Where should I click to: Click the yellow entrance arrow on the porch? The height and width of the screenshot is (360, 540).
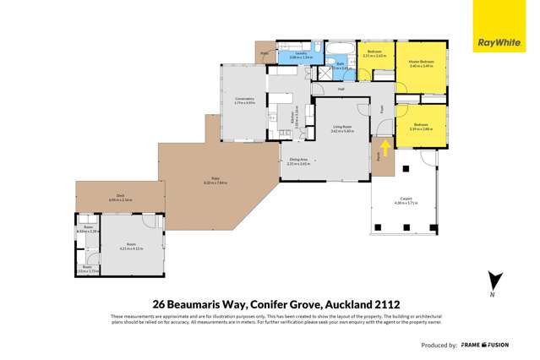pos(386,149)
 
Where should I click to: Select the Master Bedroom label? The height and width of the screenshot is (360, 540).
pos(421,63)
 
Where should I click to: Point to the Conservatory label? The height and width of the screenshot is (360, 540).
pos(244,101)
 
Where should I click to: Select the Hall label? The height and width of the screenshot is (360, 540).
pos(341,89)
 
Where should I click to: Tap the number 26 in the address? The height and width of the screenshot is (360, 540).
pos(158,303)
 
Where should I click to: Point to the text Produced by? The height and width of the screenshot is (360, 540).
pos(439,345)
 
